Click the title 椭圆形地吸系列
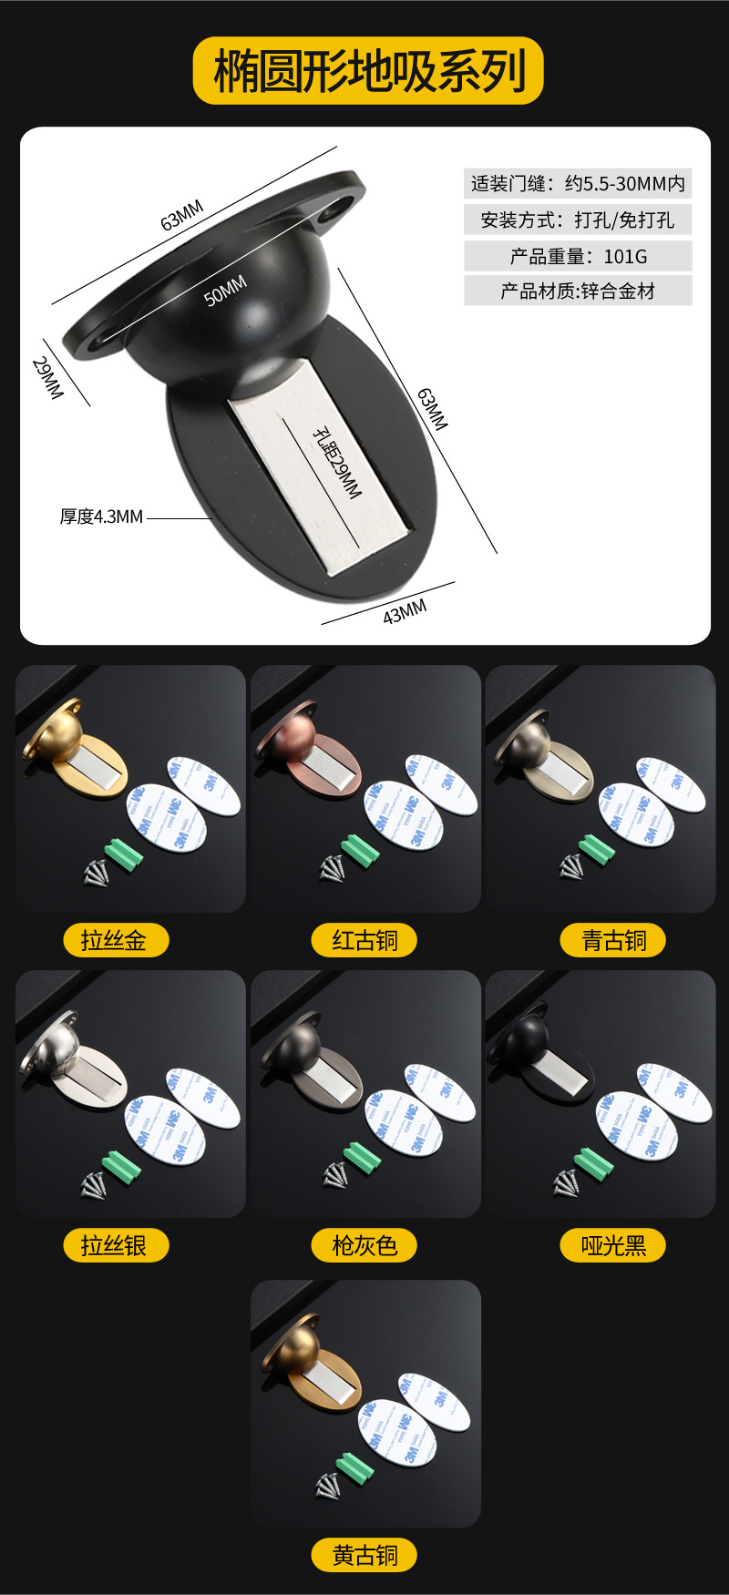368,71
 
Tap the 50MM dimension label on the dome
225,291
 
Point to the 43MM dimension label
405,612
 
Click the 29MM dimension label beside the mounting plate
47,378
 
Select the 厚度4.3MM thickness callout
102,517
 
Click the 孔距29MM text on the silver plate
336,463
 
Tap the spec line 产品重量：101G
578,257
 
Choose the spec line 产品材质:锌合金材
578,291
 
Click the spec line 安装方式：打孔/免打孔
578,220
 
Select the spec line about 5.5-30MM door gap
578,184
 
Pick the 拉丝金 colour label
115,940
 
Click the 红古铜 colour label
364,940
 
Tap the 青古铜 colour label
613,940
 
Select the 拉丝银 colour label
115,1245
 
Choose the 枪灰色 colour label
364,1245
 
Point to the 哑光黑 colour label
613,1245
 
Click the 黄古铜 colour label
364,1555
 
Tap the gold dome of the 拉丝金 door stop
60,737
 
